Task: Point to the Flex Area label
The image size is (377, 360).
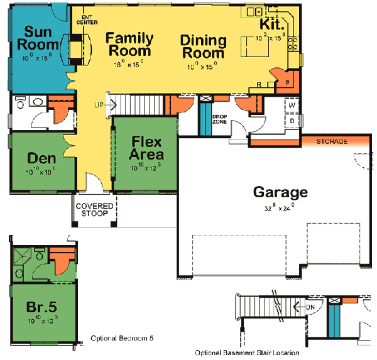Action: pyautogui.click(x=146, y=148)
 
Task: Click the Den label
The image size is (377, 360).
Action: pyautogui.click(x=41, y=158)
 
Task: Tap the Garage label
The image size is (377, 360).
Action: pyautogui.click(x=280, y=192)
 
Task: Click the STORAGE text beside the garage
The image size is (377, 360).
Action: pyautogui.click(x=332, y=142)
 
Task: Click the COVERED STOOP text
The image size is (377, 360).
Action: pyautogui.click(x=94, y=210)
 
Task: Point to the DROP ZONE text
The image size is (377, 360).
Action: pyautogui.click(x=220, y=119)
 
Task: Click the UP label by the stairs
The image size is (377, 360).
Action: pyautogui.click(x=99, y=104)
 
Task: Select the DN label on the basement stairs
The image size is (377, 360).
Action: pyautogui.click(x=310, y=307)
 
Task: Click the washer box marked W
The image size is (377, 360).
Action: pyautogui.click(x=292, y=106)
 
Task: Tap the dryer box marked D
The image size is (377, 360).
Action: pyautogui.click(x=292, y=119)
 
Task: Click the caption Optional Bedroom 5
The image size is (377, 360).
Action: pyautogui.click(x=122, y=339)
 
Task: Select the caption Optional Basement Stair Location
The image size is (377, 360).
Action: pyautogui.click(x=251, y=352)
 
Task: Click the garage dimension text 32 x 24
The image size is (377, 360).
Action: pyautogui.click(x=280, y=207)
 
